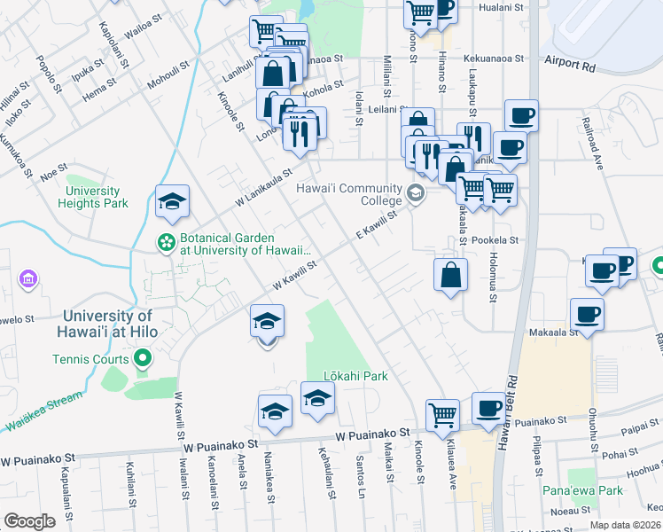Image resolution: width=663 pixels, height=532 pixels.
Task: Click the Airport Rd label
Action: click(570, 65)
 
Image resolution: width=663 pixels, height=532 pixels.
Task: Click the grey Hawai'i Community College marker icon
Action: click(415, 192)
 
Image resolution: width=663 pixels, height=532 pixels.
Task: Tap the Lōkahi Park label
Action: click(355, 376)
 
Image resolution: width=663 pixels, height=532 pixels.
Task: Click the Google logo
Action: click(28, 520)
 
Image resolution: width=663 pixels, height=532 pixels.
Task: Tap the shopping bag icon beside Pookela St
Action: click(450, 274)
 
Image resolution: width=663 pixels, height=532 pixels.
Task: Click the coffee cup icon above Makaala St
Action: click(587, 314)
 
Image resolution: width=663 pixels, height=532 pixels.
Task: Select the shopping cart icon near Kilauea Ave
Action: click(441, 414)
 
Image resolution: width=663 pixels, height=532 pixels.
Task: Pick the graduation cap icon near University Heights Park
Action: click(172, 201)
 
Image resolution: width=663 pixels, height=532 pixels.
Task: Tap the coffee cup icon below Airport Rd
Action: click(521, 115)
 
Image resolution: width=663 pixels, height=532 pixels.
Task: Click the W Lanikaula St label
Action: click(263, 190)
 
